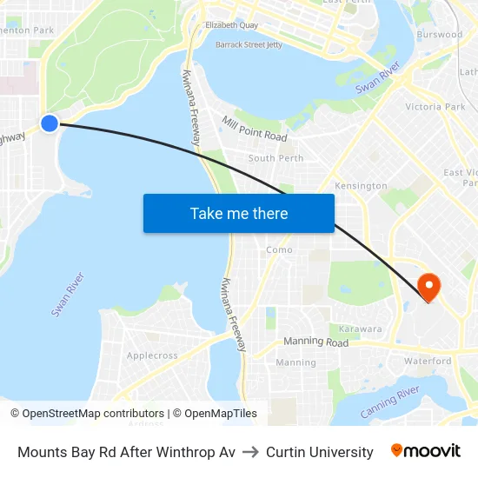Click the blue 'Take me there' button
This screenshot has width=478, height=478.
239,214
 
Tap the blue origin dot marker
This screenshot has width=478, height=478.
50,123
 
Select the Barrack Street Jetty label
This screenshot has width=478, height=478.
249,43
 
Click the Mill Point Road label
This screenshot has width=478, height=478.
254,129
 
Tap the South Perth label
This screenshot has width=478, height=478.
276,158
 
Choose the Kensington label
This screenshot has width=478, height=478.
361,186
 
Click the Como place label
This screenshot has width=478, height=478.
279,249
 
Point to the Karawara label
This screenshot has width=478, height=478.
360,329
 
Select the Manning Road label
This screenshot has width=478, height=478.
315,342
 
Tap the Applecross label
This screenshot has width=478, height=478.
152,355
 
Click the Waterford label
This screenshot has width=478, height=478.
427,361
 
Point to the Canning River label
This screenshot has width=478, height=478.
390,404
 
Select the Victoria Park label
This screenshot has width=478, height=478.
435,107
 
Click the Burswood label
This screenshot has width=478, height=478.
439,35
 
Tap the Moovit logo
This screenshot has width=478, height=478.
426,451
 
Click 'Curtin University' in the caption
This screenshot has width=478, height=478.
320,452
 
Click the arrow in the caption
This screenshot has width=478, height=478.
250,452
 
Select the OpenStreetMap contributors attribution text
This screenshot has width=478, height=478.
90,414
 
